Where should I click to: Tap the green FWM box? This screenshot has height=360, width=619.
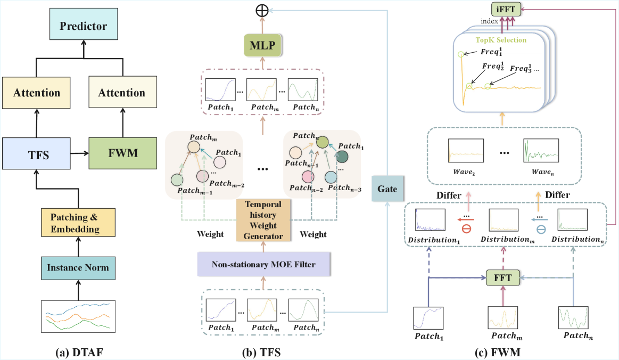[122, 153]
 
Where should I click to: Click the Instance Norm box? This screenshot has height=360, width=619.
[78, 267]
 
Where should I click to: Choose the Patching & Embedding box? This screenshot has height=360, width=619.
[78, 223]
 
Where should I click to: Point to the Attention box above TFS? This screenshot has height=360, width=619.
[36, 93]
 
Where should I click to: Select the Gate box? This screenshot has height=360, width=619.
[387, 189]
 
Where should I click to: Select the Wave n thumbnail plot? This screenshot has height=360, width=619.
[540, 151]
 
